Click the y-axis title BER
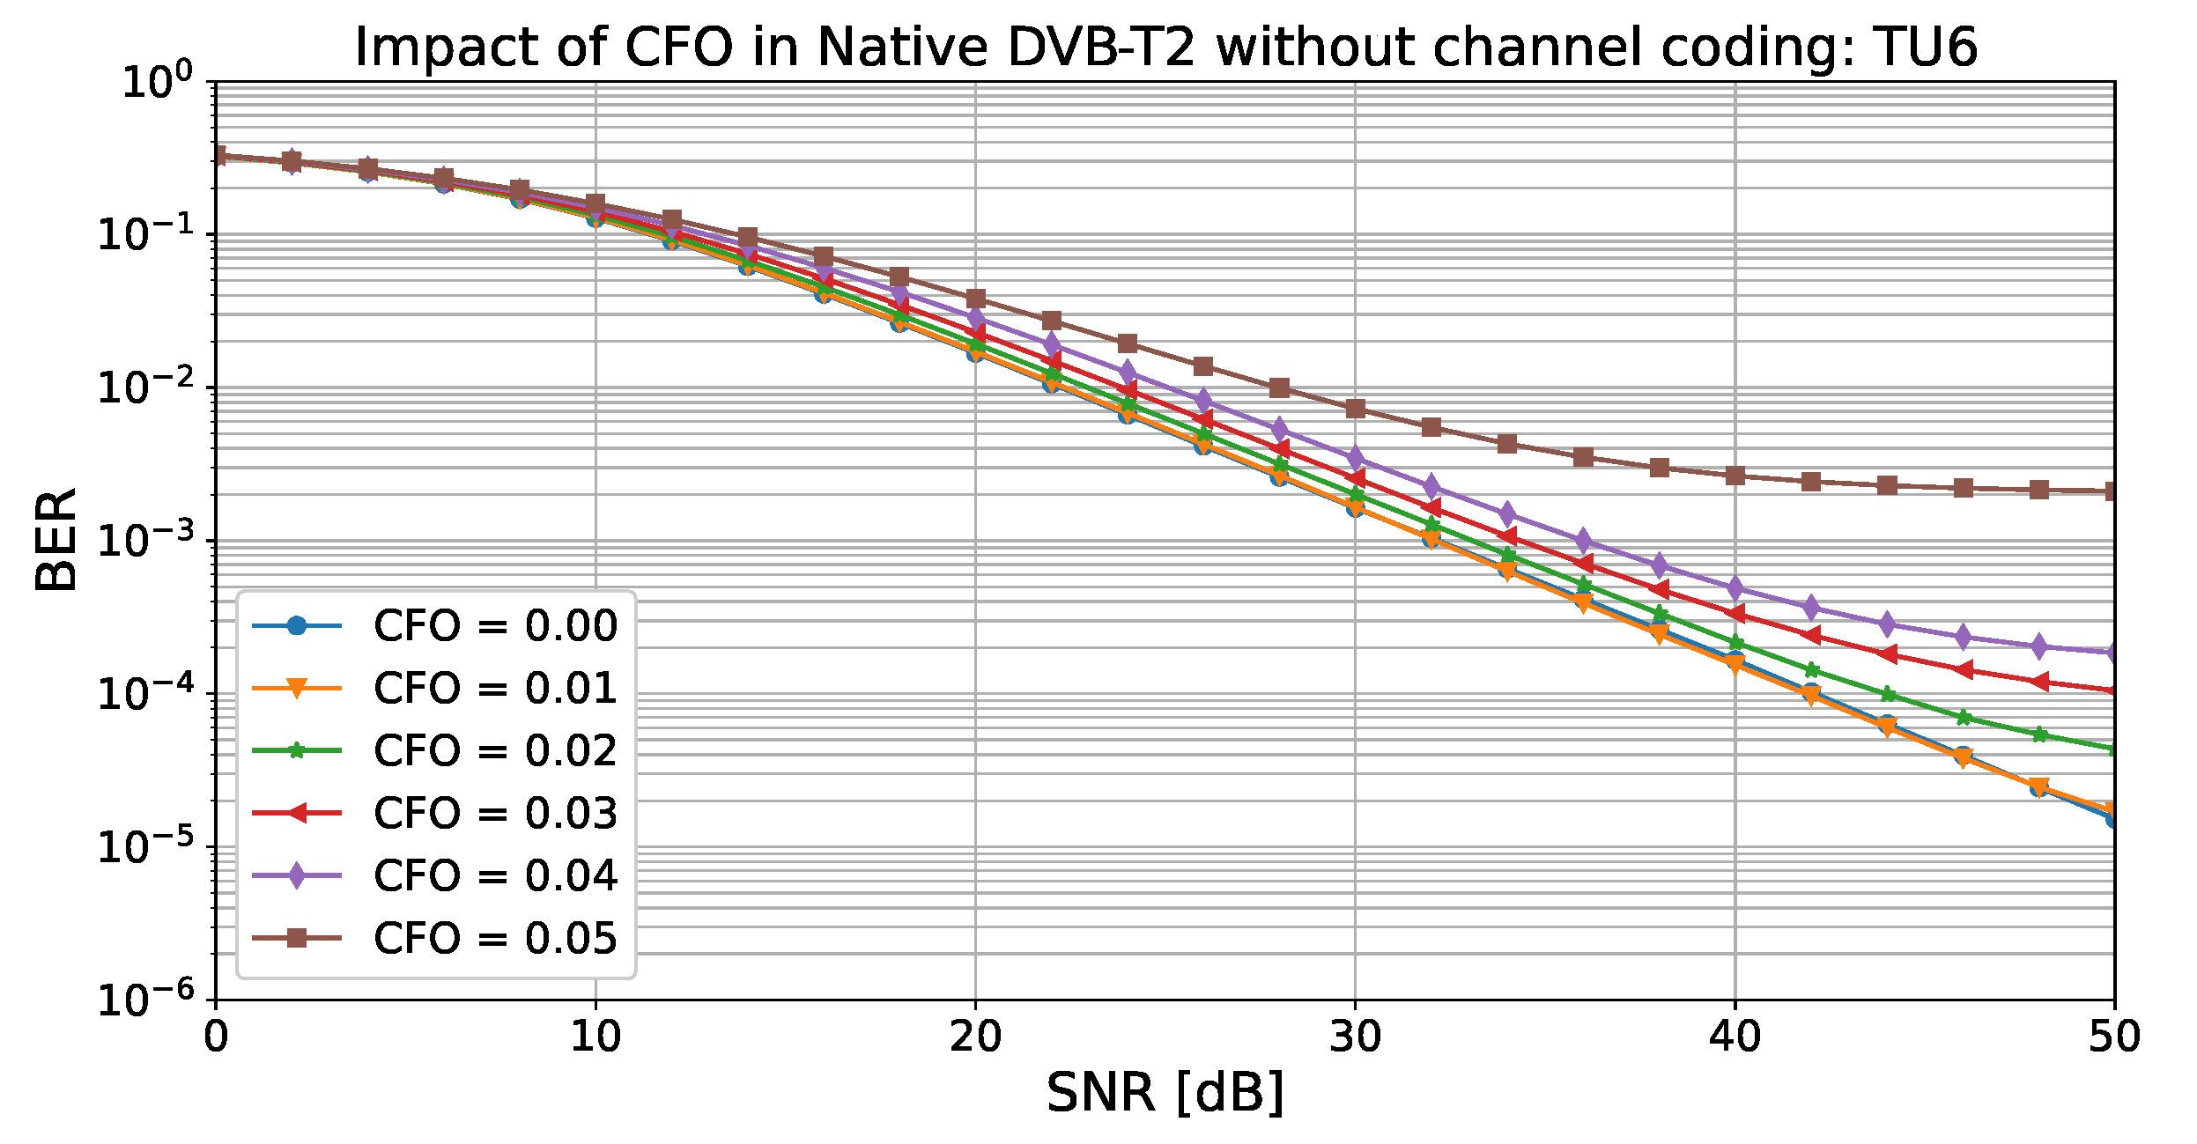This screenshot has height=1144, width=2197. tap(56, 539)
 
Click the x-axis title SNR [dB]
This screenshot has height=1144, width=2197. tap(1165, 1093)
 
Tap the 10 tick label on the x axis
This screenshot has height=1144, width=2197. tap(595, 1037)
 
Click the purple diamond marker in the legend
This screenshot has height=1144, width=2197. tap(297, 876)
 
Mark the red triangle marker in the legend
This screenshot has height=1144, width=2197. tap(297, 813)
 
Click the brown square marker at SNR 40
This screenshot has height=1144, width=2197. tap(1735, 476)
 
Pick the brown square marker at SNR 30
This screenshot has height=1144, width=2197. tap(1356, 409)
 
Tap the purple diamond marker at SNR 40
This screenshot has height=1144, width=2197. tap(1735, 587)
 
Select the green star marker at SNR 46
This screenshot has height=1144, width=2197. tap(1963, 717)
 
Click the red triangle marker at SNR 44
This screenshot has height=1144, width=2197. tap(1887, 654)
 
